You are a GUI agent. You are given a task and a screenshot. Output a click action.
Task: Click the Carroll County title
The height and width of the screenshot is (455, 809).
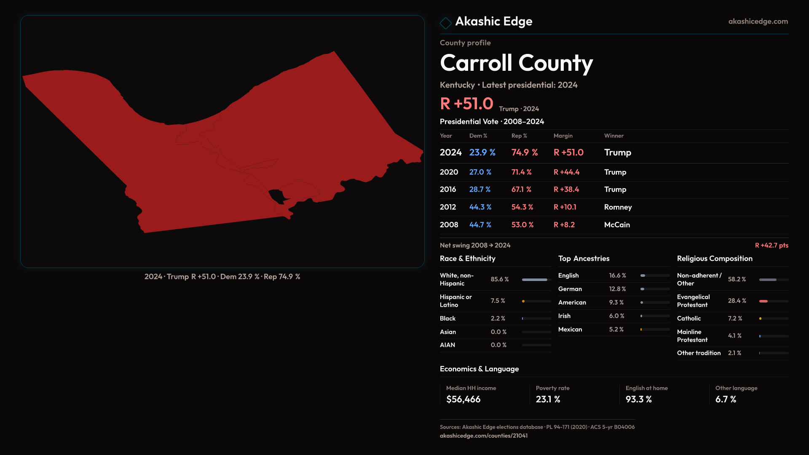516,63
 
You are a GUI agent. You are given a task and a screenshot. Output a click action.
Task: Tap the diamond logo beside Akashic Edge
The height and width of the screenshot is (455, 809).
445,23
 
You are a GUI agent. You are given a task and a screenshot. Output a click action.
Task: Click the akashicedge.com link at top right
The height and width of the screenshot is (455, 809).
758,21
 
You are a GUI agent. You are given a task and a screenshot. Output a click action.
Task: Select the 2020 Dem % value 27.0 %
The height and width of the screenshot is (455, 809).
480,172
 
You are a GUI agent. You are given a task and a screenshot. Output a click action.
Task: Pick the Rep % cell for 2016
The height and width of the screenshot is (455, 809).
521,190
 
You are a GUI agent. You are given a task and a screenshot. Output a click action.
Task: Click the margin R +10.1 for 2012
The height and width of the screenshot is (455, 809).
565,207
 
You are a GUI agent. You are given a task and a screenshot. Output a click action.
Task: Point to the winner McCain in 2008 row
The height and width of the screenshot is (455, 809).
617,225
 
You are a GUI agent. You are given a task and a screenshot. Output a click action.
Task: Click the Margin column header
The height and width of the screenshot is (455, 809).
563,136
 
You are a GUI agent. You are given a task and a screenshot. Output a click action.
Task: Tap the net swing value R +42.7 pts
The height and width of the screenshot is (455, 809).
771,245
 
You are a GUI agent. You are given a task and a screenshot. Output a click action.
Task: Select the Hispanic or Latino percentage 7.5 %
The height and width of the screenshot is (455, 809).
498,301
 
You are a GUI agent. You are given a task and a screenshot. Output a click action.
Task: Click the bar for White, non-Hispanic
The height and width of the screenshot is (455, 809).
535,280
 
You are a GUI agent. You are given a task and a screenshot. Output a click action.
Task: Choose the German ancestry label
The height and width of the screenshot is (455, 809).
570,289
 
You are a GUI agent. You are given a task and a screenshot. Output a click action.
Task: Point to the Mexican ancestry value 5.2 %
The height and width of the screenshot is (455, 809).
616,329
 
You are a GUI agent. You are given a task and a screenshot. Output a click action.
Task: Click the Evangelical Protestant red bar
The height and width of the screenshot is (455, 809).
763,301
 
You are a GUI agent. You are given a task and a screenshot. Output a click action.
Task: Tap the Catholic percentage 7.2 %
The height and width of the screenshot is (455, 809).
735,318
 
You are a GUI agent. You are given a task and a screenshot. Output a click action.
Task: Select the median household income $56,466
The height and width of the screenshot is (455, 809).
463,399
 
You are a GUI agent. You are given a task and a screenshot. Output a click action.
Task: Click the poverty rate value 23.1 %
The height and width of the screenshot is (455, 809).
548,399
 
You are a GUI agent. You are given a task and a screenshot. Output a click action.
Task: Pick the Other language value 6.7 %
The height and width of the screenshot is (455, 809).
726,399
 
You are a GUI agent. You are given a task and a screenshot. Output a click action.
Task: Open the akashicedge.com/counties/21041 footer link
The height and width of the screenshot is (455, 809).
483,436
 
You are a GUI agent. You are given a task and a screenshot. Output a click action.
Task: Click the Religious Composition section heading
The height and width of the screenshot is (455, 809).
715,259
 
